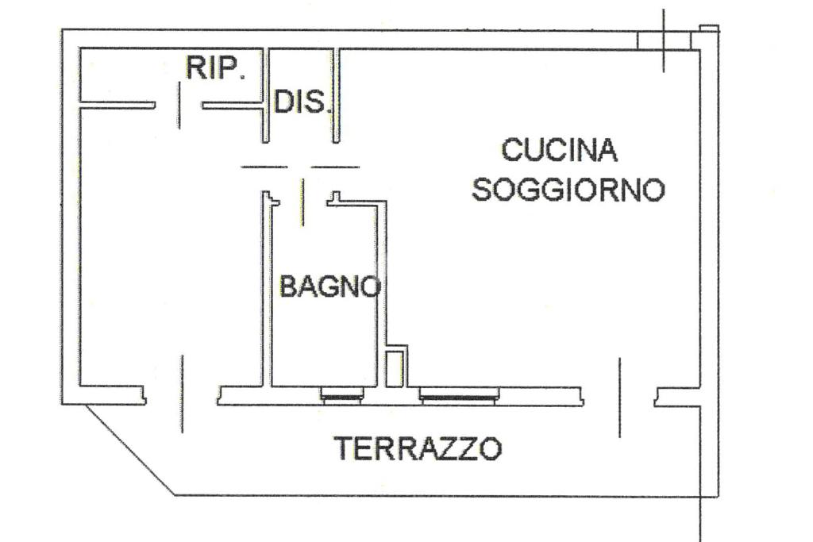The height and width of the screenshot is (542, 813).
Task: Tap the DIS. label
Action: pyautogui.click(x=300, y=102)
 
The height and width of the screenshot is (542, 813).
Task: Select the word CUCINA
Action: pyautogui.click(x=559, y=149)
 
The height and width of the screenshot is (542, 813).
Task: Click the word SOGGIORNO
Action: pyautogui.click(x=568, y=190)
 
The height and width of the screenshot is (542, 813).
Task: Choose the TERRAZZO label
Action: pyautogui.click(x=418, y=449)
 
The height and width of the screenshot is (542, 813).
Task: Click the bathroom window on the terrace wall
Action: pyautogui.click(x=343, y=395)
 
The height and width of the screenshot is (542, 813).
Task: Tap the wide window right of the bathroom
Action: pyautogui.click(x=460, y=395)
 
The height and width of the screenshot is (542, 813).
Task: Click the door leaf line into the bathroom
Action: pyautogui.click(x=302, y=202)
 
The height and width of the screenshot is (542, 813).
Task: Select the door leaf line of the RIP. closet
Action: pyautogui.click(x=179, y=104)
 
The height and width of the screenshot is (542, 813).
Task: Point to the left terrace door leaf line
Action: pyautogui.click(x=183, y=394)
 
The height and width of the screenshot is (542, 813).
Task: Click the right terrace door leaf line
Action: pyautogui.click(x=619, y=397)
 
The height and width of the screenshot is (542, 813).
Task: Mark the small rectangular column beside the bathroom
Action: pyautogui.click(x=395, y=367)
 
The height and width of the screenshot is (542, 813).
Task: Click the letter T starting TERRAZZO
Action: pyautogui.click(x=344, y=449)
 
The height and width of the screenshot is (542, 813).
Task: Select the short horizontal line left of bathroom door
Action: pyautogui.click(x=264, y=167)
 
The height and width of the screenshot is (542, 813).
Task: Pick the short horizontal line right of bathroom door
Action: pyautogui.click(x=334, y=167)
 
